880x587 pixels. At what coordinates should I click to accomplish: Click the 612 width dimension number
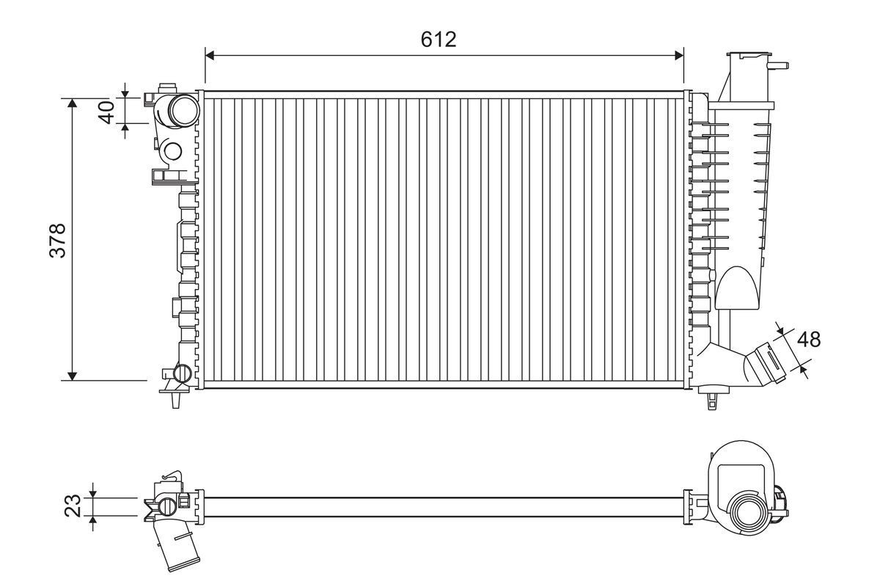[x=439, y=40]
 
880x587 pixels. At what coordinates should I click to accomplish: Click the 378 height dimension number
[x=58, y=239]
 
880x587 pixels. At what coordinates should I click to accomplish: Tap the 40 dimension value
[x=107, y=112]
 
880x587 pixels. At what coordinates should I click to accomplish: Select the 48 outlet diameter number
[x=808, y=339]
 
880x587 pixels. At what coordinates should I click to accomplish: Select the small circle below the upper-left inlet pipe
[x=172, y=151]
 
